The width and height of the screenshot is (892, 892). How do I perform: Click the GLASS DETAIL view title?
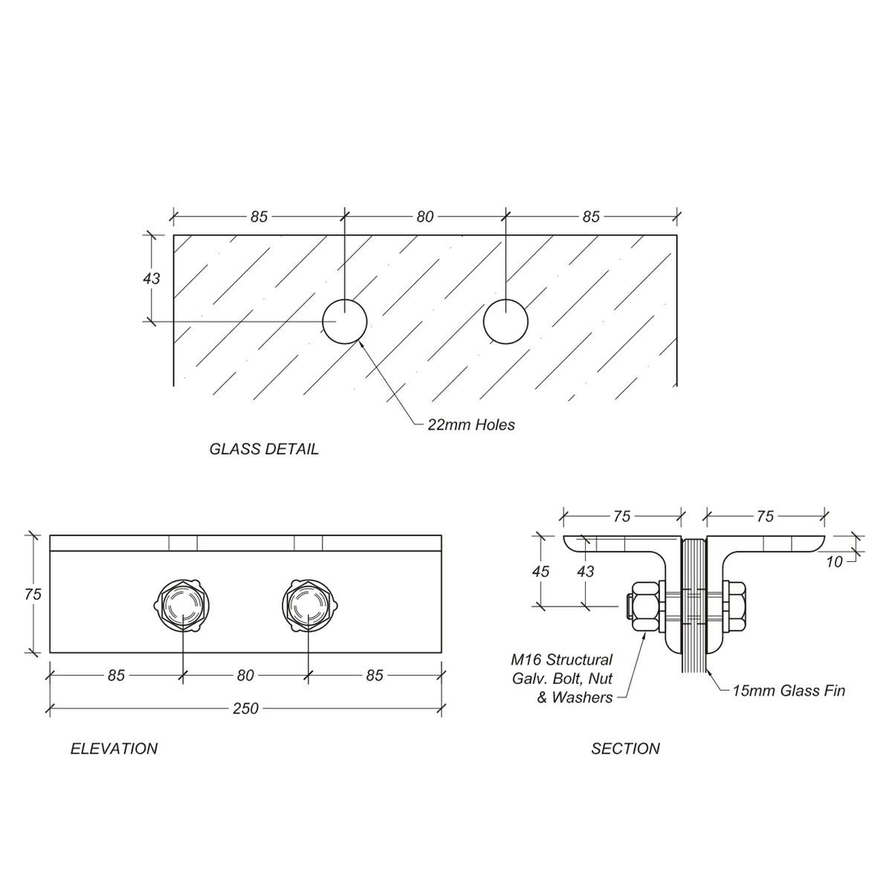[x=264, y=449]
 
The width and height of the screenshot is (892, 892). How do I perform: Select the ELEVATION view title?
[x=114, y=749]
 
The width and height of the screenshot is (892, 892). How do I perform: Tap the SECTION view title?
[x=625, y=749]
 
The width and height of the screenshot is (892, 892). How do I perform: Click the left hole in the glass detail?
[x=344, y=322]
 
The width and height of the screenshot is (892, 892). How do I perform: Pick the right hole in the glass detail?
[x=505, y=322]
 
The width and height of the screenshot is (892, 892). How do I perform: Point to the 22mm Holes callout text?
[x=471, y=425]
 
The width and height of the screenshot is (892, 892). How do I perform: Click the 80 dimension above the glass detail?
[x=424, y=217]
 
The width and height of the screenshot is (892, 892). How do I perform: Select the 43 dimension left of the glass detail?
[x=151, y=278]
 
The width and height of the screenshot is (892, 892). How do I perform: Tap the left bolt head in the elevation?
[x=183, y=604]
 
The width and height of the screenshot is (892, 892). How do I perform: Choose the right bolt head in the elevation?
[x=308, y=604]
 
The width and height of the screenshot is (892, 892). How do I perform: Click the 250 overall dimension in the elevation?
[x=245, y=708]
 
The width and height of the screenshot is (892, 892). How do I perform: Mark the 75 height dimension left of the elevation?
[x=32, y=594]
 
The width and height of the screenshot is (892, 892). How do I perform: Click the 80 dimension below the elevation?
[x=245, y=675]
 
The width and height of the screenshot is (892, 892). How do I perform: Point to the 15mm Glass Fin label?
[x=788, y=691]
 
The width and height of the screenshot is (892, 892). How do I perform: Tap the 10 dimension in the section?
[x=835, y=562]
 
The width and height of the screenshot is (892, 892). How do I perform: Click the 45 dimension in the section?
[x=541, y=571]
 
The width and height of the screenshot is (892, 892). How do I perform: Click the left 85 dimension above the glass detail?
[x=258, y=217]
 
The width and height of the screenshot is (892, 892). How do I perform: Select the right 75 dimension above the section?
[x=765, y=516]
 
